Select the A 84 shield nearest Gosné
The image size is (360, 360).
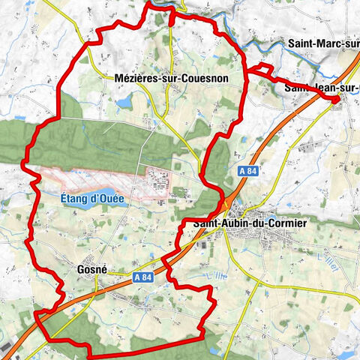coord(147,277)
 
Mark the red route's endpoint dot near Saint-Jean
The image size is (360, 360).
coord(336,98)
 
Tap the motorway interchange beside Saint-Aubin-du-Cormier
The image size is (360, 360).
coord(223,204)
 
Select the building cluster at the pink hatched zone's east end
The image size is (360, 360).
coord(159,181)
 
